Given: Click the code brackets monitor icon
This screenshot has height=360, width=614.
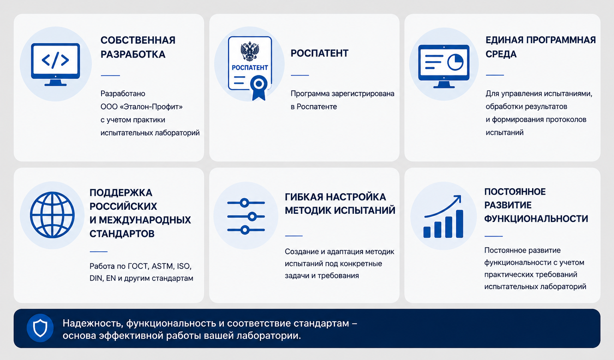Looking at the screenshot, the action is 56,64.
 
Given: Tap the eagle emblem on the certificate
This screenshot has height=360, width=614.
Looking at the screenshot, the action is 250,51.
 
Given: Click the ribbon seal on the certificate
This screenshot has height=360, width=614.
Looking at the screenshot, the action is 259,88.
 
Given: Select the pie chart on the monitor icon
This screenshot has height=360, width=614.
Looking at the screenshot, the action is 455,62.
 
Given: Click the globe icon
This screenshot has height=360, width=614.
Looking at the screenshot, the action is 52,215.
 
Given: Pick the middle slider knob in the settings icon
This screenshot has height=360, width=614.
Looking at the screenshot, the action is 252,217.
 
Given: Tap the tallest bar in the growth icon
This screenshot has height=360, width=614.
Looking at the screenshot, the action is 459,224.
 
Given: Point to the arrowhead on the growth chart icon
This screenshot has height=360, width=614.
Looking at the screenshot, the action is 457,199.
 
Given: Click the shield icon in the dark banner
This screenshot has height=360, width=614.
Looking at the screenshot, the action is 40,328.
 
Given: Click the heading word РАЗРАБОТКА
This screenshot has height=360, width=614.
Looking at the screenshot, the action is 133,54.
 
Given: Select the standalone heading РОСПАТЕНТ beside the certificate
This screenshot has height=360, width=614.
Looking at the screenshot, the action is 319,53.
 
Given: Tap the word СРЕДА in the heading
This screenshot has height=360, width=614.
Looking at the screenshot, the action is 501,54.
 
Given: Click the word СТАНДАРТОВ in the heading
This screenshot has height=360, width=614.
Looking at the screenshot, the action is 122,234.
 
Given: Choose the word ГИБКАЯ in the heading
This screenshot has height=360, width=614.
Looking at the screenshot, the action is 304,197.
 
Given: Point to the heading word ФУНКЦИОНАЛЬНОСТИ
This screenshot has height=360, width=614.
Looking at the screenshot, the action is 536,219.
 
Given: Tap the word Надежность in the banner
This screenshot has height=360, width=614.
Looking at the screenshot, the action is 93,324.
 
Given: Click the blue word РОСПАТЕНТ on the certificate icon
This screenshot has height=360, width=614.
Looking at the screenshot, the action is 250,68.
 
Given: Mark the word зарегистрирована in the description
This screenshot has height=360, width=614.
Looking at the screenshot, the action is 363,94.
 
